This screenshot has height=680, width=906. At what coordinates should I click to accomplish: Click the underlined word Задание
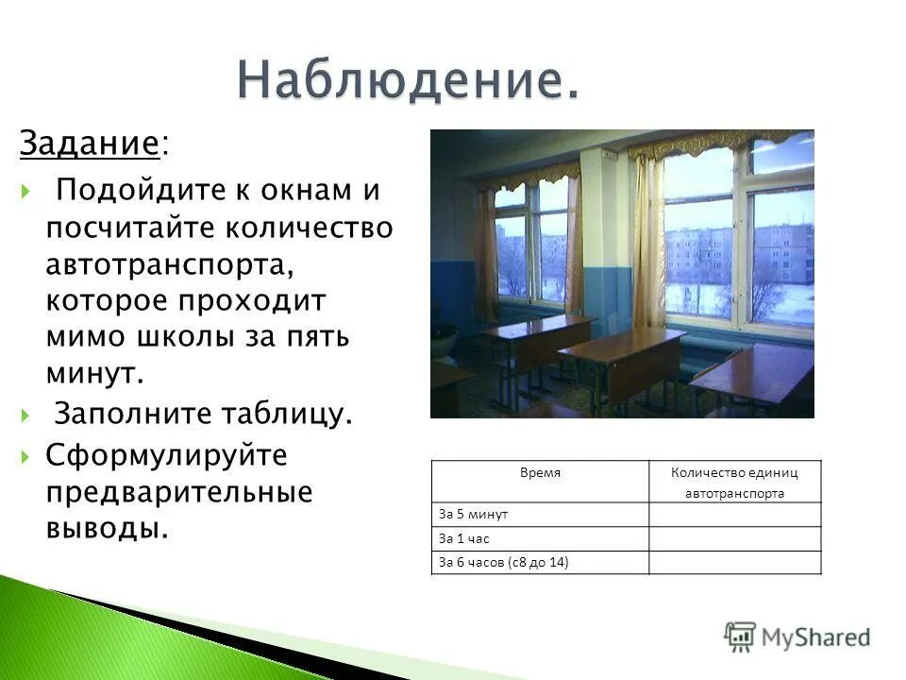(x=88, y=144)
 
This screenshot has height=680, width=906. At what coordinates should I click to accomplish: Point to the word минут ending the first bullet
(x=94, y=373)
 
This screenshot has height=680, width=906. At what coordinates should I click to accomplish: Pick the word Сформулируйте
(x=166, y=456)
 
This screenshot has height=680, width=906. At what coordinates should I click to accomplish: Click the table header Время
(x=540, y=471)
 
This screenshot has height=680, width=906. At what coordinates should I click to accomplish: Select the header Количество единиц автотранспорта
(x=734, y=482)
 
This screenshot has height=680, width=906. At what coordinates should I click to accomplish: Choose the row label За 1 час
(x=464, y=538)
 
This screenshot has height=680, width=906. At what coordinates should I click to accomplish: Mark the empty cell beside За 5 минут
(x=734, y=515)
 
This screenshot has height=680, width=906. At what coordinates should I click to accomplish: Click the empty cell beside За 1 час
(x=734, y=538)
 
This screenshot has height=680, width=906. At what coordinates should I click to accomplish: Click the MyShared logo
(x=797, y=637)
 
